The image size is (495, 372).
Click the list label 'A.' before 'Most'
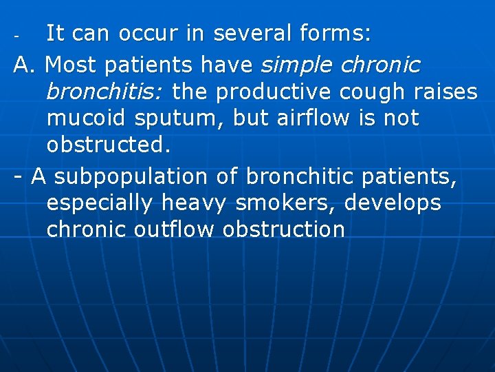[27, 65]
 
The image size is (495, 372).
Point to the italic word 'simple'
[296, 65]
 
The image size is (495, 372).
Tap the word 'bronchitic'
[303, 177]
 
